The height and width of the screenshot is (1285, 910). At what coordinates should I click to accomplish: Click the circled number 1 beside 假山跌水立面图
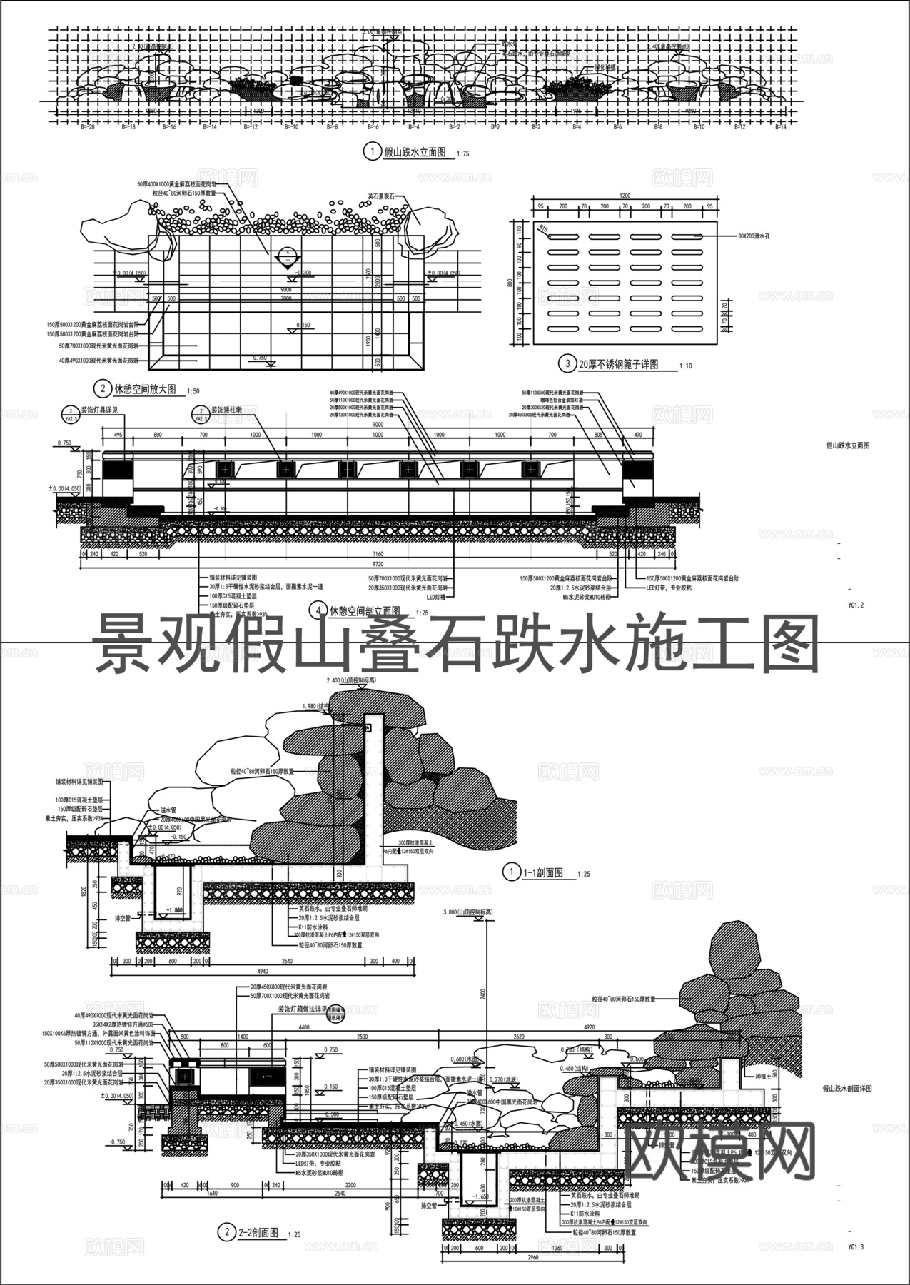370,151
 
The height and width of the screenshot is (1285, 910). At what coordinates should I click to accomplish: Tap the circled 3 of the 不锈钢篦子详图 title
567,364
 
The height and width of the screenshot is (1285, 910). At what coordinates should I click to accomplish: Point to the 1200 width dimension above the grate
625,196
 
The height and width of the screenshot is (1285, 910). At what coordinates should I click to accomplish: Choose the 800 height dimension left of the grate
509,283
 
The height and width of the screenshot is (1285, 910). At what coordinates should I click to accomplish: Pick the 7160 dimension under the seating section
378,554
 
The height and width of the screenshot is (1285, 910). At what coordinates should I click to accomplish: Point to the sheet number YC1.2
856,605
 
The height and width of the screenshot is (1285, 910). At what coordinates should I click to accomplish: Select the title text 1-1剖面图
544,872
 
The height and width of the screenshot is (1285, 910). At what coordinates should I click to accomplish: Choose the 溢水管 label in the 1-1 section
169,811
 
